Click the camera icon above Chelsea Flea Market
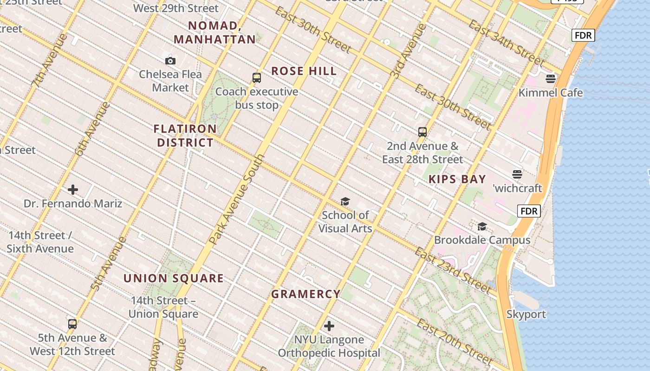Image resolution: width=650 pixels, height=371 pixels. (170, 61)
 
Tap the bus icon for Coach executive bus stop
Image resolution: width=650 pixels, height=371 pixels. (257, 78)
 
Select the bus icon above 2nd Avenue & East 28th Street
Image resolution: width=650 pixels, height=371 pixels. (422, 132)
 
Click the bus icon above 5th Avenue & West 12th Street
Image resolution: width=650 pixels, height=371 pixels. (72, 324)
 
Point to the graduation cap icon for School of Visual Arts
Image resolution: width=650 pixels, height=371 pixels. (345, 201)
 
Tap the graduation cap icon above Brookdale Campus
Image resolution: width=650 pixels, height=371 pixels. (482, 226)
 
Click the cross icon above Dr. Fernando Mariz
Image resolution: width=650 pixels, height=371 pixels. (73, 190)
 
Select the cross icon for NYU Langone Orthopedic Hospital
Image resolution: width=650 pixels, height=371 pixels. (329, 326)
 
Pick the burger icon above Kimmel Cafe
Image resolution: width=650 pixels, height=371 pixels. (551, 79)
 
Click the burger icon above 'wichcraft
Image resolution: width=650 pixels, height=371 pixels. (517, 174)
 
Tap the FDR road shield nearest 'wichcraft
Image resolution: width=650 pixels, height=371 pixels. (529, 211)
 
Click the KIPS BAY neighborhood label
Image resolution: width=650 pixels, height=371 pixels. (457, 179)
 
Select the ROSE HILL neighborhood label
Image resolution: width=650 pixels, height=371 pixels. (304, 71)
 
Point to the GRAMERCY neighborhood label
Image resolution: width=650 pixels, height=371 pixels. (306, 294)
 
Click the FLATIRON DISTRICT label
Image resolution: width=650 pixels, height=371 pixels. (185, 135)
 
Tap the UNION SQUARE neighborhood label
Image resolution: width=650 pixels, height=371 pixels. (174, 278)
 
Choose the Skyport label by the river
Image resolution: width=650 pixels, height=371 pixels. (526, 314)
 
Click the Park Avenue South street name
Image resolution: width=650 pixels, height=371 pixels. (237, 199)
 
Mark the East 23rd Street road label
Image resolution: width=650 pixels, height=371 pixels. (452, 271)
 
